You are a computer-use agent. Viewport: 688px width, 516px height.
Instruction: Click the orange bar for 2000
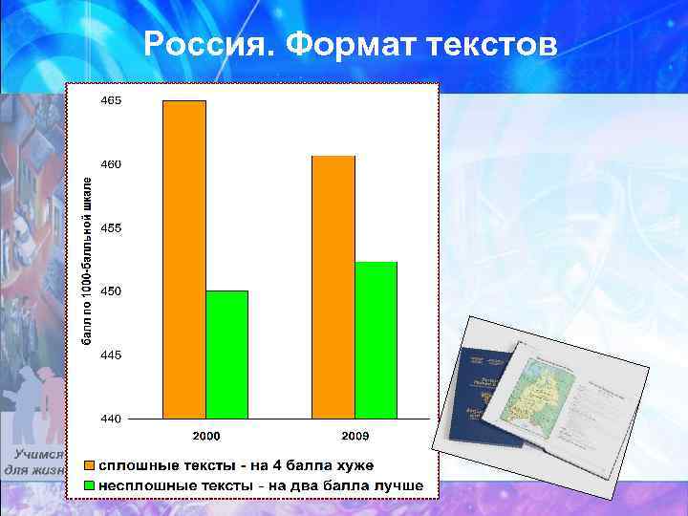coord(184,259)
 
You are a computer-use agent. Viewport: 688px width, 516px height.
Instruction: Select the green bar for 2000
coord(226,355)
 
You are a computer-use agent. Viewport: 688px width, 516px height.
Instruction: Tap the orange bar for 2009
coord(333,287)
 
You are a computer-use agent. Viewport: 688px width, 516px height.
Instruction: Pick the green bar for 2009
coord(376,340)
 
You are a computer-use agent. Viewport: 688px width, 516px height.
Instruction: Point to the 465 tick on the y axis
coord(111,100)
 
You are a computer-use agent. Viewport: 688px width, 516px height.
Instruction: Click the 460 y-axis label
coord(111,164)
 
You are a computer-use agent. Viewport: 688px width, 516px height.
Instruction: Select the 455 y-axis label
coord(111,228)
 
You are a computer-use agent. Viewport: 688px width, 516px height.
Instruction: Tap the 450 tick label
coord(111,290)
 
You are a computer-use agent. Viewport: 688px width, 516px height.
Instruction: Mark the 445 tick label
coord(111,355)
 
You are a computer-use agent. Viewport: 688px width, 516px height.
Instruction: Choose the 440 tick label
coord(111,419)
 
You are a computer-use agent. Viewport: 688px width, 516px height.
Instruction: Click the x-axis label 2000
coord(206,436)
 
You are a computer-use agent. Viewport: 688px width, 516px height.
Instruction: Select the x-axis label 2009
coord(355,436)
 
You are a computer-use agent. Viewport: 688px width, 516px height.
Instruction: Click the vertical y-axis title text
coord(87,259)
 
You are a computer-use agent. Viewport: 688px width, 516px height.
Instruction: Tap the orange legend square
coord(89,465)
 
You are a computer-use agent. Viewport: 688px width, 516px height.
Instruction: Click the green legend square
coord(89,485)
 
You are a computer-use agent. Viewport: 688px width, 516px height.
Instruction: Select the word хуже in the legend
coord(352,465)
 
